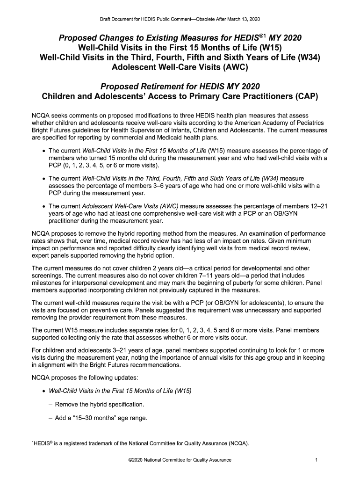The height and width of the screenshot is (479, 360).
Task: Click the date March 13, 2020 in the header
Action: [x=243, y=19]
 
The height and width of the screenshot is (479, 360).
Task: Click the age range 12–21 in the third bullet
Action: [x=318, y=206]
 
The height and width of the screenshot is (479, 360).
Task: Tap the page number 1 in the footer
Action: [x=317, y=460]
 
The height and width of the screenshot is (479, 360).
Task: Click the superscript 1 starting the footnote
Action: [x=32, y=441]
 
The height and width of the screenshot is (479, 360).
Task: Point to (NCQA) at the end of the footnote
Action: [x=239, y=442]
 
